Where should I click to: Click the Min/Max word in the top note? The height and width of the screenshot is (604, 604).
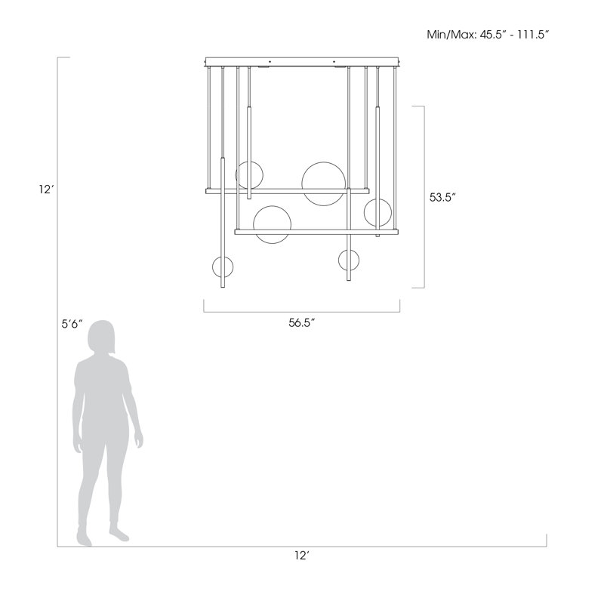(x=451, y=35)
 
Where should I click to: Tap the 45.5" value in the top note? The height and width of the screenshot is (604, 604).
(x=492, y=35)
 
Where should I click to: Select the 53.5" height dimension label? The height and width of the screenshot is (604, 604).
(x=442, y=197)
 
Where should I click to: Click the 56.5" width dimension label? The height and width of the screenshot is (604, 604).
(x=302, y=322)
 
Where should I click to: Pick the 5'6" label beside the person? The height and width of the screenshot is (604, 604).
(x=72, y=324)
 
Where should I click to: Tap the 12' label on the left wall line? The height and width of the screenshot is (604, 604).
(x=46, y=190)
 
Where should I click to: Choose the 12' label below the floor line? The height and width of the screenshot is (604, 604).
(x=302, y=555)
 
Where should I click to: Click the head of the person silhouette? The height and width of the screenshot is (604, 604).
(x=101, y=337)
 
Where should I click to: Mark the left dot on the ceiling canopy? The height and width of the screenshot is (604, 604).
(x=270, y=61)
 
